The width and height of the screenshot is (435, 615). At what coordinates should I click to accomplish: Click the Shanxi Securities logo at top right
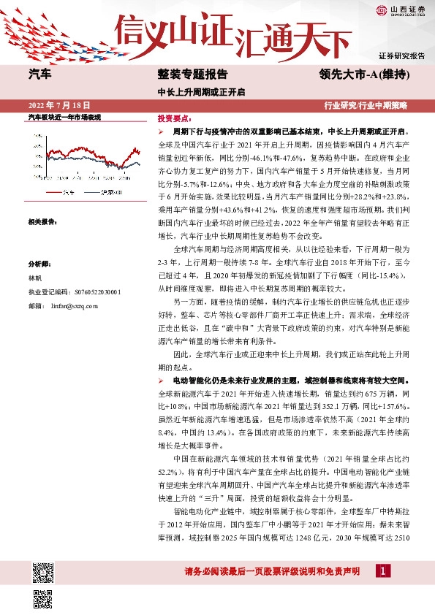[401, 9]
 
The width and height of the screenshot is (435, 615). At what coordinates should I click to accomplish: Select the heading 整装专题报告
[192, 75]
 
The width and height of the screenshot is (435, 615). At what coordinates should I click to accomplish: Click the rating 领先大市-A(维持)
[363, 75]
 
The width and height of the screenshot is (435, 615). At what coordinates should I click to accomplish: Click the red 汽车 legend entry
[63, 192]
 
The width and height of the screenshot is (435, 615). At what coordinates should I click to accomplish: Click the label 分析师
[39, 264]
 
